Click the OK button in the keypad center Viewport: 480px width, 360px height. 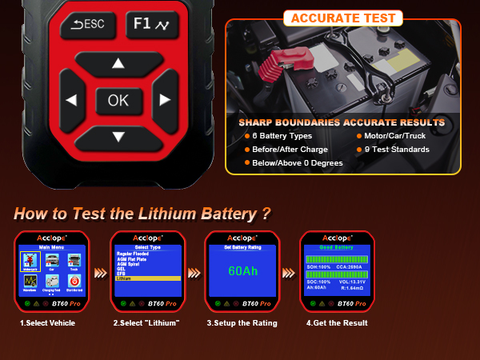(x=118, y=100)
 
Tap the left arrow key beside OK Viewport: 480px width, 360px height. (x=71, y=101)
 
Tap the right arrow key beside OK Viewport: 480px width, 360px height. (x=165, y=100)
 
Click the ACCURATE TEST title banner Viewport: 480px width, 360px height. (x=342, y=18)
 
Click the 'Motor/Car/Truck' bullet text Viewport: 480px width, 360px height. (x=398, y=136)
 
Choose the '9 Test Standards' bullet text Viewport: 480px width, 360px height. (x=397, y=150)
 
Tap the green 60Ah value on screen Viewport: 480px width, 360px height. (x=243, y=271)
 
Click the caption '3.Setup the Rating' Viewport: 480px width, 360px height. (x=242, y=322)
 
